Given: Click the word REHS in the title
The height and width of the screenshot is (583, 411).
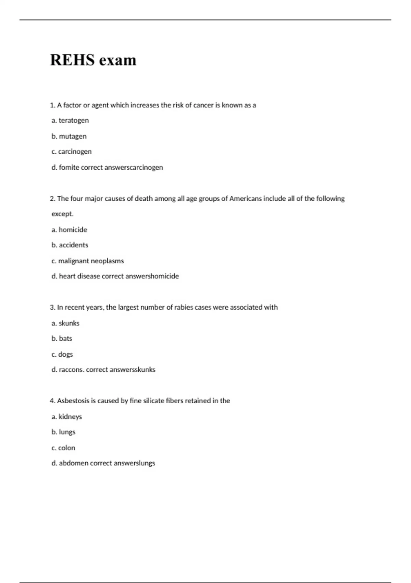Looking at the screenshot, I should tap(72, 60).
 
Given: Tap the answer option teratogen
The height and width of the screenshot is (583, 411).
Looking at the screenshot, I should tap(73, 120).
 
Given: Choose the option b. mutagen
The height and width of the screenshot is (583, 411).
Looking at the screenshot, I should tap(69, 136).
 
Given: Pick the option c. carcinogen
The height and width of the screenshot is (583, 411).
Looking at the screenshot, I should tap(71, 152).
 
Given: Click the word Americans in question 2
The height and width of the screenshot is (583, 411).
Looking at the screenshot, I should tap(245, 199).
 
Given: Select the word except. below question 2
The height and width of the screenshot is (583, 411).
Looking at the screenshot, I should tap(62, 214).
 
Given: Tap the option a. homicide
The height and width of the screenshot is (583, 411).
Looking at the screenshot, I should tap(69, 230).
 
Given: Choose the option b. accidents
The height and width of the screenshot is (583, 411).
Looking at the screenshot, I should tap(70, 245).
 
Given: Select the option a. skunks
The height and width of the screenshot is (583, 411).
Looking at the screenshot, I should tap(65, 323).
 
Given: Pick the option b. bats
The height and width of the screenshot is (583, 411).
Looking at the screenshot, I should tap(62, 338).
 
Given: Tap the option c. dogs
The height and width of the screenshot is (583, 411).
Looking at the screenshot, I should tap(62, 354).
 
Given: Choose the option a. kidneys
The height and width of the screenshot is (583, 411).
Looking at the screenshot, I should tap(66, 417).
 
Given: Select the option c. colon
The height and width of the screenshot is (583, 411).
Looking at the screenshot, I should tap(63, 448).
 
